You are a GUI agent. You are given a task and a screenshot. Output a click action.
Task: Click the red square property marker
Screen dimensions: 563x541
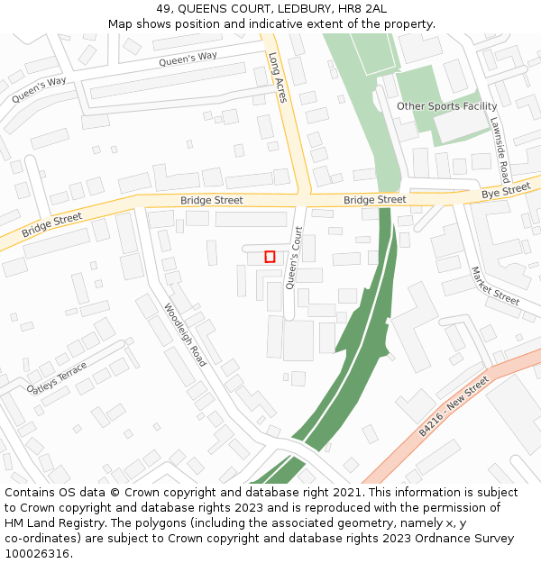(x=270, y=257)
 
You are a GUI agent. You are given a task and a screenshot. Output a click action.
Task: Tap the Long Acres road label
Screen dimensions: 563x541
(x=277, y=77)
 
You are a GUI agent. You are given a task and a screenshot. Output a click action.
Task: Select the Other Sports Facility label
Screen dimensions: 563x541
(x=446, y=106)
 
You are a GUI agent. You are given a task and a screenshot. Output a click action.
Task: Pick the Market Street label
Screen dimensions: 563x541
(x=495, y=286)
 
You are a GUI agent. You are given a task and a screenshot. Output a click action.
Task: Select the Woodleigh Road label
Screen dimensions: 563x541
(x=185, y=334)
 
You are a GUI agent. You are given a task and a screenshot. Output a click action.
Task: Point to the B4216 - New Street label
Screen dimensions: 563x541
(x=453, y=407)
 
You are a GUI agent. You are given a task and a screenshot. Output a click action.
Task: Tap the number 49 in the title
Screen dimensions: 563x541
(x=163, y=8)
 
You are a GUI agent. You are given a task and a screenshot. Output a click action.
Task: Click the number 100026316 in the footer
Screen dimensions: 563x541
(x=36, y=553)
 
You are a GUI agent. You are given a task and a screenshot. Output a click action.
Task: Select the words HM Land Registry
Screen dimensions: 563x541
(x=50, y=523)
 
